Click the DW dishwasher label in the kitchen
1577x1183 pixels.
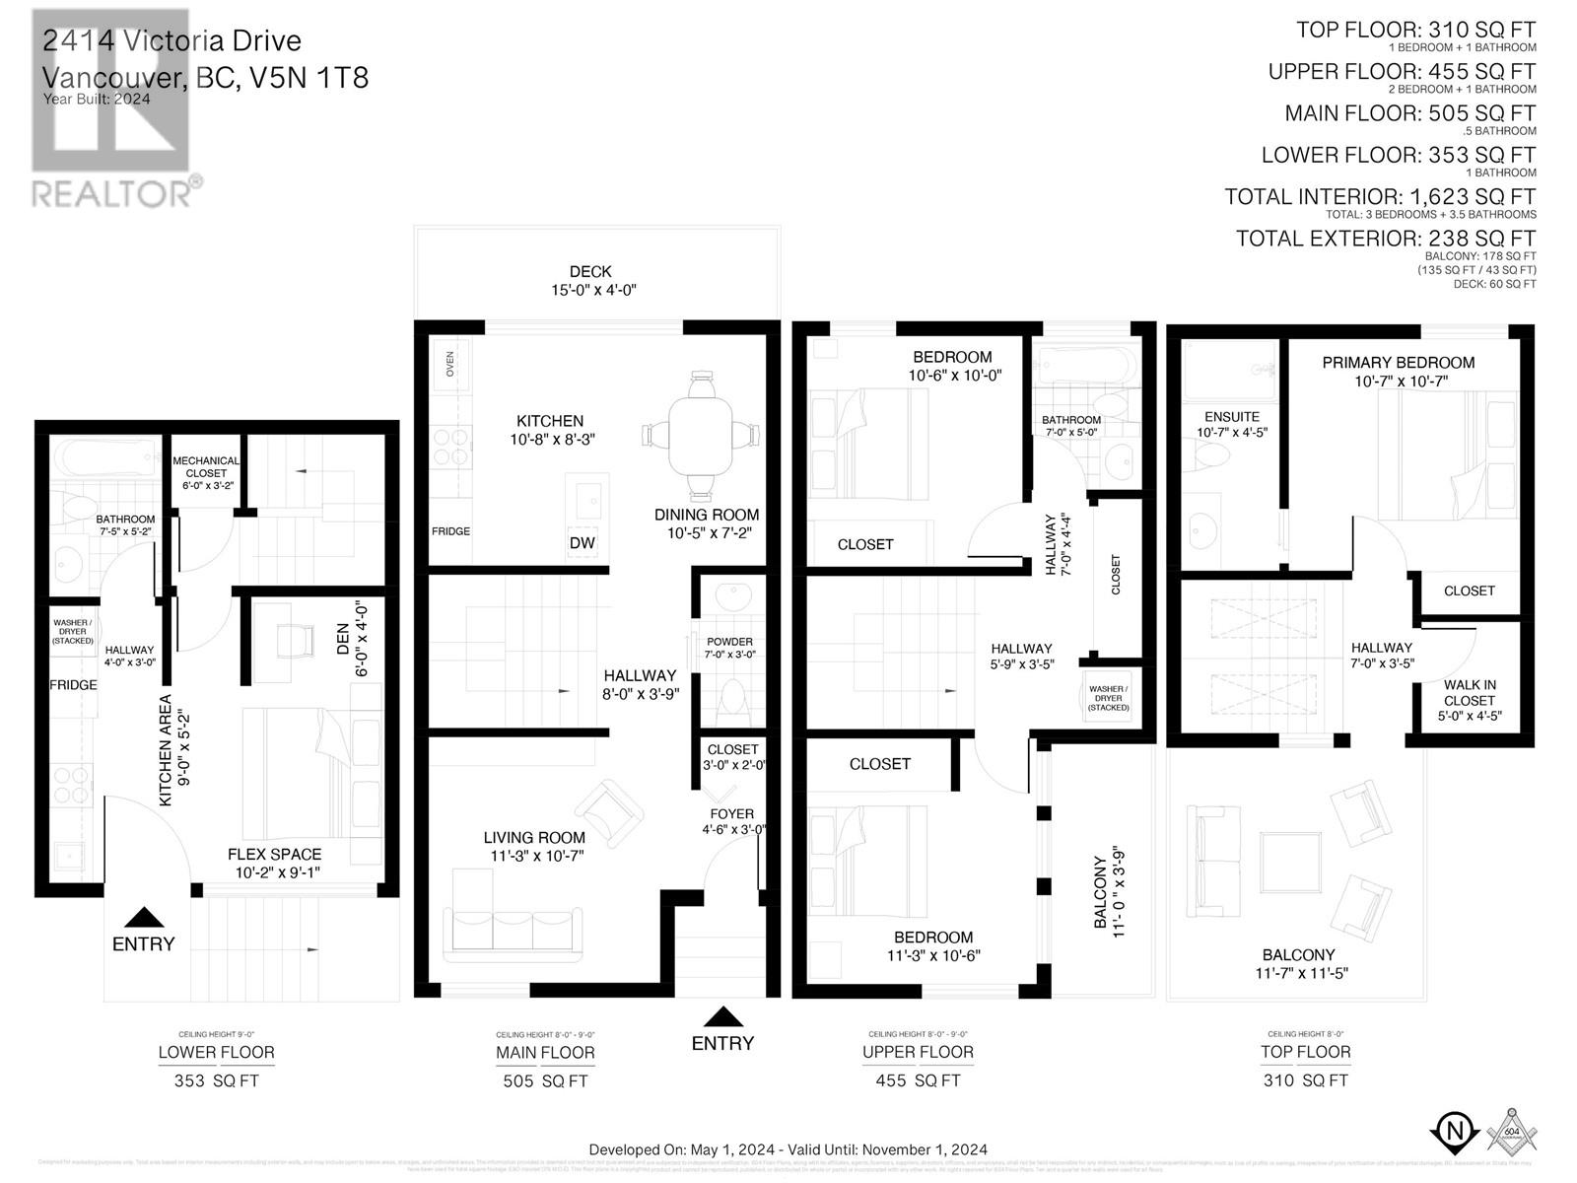[582, 543]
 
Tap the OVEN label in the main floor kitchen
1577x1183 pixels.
[450, 365]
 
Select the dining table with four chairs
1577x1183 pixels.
[701, 435]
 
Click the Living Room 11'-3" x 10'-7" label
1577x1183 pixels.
[534, 847]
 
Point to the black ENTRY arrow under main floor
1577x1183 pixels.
[723, 1016]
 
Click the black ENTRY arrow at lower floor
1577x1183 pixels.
[143, 917]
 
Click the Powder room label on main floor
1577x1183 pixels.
[729, 648]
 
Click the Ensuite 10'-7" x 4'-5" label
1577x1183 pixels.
[1232, 424]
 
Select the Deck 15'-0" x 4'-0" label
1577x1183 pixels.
[590, 281]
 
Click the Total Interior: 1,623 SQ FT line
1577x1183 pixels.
[1380, 197]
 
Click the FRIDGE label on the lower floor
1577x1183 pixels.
[74, 685]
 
